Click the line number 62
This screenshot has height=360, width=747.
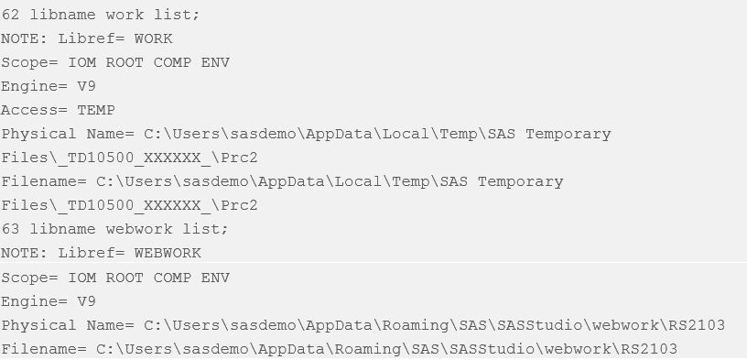click(x=10, y=15)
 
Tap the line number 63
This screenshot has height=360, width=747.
click(x=10, y=229)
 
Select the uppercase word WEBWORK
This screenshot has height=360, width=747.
click(x=168, y=253)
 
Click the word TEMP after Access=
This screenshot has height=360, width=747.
click(x=96, y=110)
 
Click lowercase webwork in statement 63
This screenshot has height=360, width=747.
click(x=139, y=229)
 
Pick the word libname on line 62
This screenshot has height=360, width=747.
click(x=63, y=15)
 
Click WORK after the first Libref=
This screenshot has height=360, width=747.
click(x=154, y=38)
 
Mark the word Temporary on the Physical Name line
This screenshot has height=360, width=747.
click(x=568, y=135)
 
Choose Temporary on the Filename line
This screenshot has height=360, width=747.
click(x=521, y=182)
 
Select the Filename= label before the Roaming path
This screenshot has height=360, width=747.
click(x=44, y=350)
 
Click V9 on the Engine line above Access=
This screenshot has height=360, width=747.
click(x=87, y=86)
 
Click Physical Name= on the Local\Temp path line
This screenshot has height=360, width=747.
click(x=68, y=135)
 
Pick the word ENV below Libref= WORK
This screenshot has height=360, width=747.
click(x=215, y=62)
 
